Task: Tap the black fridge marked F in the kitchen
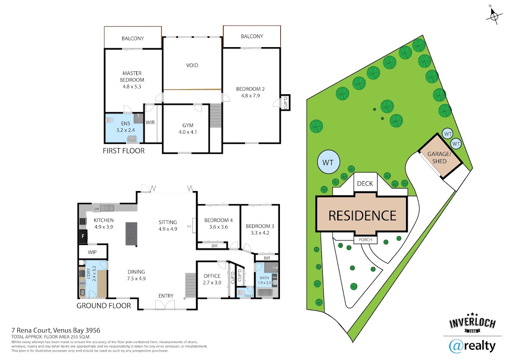coord(83,236)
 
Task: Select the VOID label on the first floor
coord(192,65)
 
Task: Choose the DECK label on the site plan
coord(365,183)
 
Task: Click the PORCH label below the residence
coord(365,240)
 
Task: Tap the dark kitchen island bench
coord(131,234)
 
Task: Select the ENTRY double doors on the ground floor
coord(165,305)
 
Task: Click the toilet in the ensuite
coord(109,120)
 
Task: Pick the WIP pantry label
coord(92,252)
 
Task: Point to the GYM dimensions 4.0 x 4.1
coord(187,132)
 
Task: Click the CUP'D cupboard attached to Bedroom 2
coord(285,103)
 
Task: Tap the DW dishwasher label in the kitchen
coord(97,209)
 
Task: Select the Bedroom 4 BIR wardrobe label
coord(214,246)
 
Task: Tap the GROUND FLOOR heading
coord(103,306)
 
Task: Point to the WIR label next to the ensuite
coord(150,122)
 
